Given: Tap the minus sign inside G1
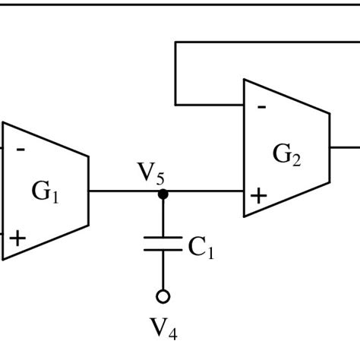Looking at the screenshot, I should (x=21, y=150).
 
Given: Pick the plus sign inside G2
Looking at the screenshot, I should (x=259, y=196).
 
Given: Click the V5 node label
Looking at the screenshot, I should (x=150, y=174).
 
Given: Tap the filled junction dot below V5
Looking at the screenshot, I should (x=163, y=194).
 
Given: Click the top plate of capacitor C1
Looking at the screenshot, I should (x=163, y=238).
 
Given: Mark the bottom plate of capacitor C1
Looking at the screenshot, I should (x=163, y=251).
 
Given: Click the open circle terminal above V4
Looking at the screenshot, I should (x=163, y=296).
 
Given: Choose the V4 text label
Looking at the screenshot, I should (x=163, y=329).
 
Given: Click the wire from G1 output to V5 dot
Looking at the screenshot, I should (x=125, y=191).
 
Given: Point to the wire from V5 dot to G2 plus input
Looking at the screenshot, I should (x=204, y=191).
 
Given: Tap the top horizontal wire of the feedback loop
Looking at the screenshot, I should (x=266, y=42).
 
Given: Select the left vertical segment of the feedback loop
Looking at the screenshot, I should (x=175, y=73).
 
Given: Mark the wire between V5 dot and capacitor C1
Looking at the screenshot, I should (x=163, y=217).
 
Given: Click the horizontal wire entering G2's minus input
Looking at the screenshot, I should (x=210, y=104).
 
